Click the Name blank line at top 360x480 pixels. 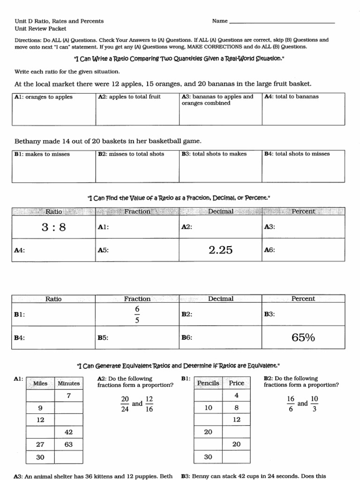click(x=282, y=22)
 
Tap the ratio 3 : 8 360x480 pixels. click(x=53, y=227)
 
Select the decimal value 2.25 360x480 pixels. click(x=220, y=250)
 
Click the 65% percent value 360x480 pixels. click(x=303, y=337)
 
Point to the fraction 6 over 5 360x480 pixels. click(x=137, y=315)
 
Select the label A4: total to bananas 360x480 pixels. click(x=291, y=97)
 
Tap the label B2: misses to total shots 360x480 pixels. click(x=131, y=154)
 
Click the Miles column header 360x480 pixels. click(x=41, y=383)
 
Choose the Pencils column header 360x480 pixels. click(x=208, y=383)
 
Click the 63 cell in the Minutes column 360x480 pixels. click(x=68, y=444)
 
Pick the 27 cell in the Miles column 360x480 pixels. click(x=40, y=444)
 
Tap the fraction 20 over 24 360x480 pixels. click(x=125, y=404)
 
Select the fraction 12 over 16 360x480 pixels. click(x=149, y=404)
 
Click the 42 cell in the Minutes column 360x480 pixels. click(x=68, y=432)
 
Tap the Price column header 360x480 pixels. click(x=236, y=383)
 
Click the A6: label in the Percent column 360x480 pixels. click(x=270, y=250)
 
